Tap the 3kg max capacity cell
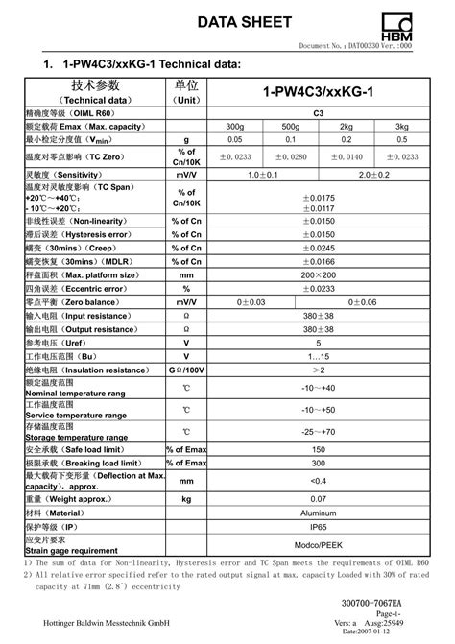click(402, 127)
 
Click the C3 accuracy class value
click(319, 113)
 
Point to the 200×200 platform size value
click(319, 274)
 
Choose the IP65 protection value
click(319, 527)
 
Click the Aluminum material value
click(319, 513)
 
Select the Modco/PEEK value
click(319, 545)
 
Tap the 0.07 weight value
click(319, 499)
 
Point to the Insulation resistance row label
click(72, 369)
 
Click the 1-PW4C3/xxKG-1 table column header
click(319, 92)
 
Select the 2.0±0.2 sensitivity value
click(374, 176)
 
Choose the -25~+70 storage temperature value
click(319, 432)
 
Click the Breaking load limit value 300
click(319, 462)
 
